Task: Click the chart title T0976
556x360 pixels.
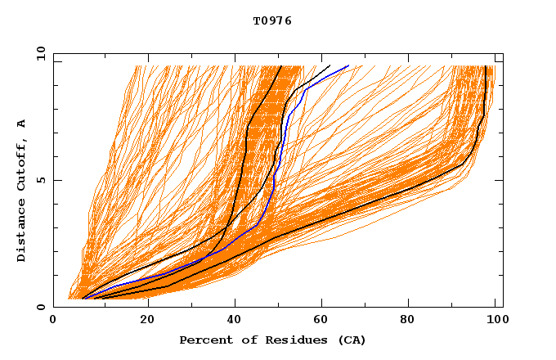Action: (x=272, y=21)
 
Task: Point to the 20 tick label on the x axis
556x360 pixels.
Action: (x=147, y=320)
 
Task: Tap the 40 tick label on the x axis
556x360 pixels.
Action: (x=235, y=320)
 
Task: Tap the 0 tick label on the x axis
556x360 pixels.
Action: (x=54, y=320)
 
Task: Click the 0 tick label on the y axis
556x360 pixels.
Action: (x=39, y=308)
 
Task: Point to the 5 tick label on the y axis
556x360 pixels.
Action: (x=39, y=181)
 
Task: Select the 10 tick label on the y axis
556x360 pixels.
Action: (x=39, y=53)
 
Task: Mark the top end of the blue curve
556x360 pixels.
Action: (x=349, y=65)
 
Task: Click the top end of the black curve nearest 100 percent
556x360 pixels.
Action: (x=486, y=65)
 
